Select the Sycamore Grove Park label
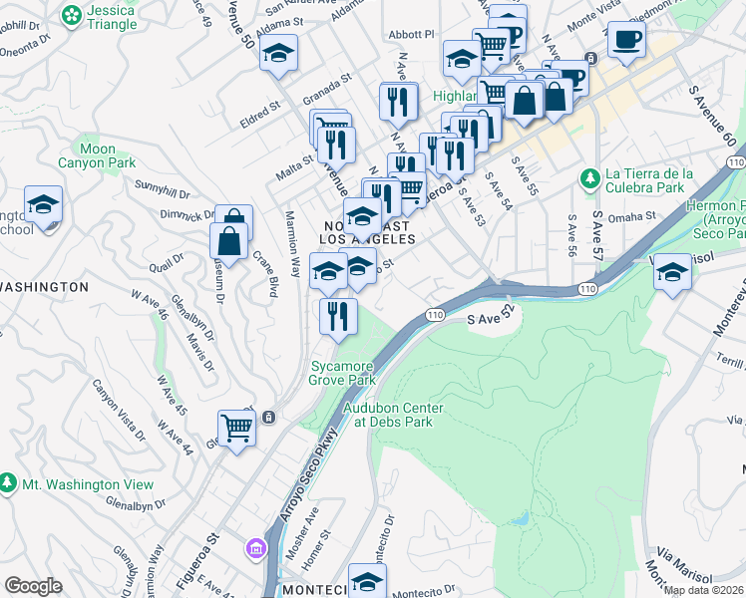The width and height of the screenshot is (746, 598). (342, 374)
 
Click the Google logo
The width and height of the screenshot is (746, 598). (33, 586)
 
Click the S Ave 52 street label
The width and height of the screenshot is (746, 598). (496, 320)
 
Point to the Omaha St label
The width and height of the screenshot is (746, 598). (633, 214)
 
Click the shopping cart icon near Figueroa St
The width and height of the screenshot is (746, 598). (237, 429)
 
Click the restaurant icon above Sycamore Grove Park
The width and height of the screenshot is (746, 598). (338, 316)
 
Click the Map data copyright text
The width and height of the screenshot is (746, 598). (704, 590)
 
